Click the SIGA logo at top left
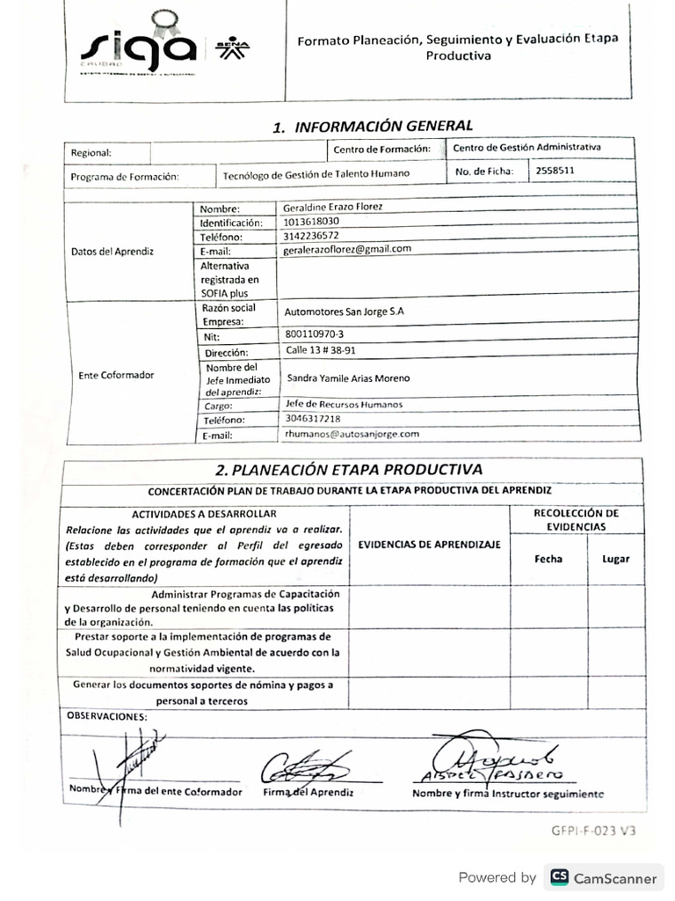pos(139,48)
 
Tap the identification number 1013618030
pos(312,221)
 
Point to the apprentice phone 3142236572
pos(312,235)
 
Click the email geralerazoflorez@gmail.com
pos(347,249)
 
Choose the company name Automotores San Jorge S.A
pos(345,311)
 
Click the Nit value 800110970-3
pos(315,334)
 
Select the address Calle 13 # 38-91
pos(320,349)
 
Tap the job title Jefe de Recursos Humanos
pos(344,404)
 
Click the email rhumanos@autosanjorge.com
pos(352,434)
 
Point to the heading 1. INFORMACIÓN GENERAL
pos(373,127)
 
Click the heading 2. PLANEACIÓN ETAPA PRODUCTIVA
pos(349,469)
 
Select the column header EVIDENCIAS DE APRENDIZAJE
pos(429,544)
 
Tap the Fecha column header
pos(548,559)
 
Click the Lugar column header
pos(615,559)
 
